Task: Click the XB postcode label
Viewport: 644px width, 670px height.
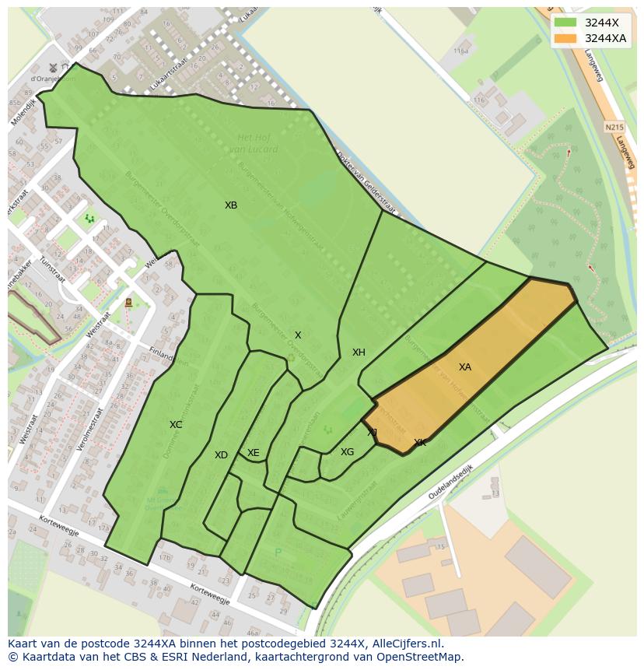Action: (231, 205)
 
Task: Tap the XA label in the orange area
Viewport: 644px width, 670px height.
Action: (464, 367)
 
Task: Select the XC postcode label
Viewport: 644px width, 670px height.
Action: (176, 425)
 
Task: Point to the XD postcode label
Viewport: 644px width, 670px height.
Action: (221, 455)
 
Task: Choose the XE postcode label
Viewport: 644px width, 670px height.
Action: (253, 453)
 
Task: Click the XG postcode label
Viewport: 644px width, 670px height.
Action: (347, 452)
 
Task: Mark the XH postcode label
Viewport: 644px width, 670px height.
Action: (359, 353)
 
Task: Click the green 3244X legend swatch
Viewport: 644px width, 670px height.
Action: (566, 22)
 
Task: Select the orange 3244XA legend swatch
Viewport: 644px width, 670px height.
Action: (566, 38)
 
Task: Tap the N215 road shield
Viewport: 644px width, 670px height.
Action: (614, 126)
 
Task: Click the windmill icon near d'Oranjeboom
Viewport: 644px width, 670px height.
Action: (54, 67)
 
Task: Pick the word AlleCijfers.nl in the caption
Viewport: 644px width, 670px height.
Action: (404, 644)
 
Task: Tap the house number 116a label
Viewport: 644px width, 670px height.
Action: (461, 51)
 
